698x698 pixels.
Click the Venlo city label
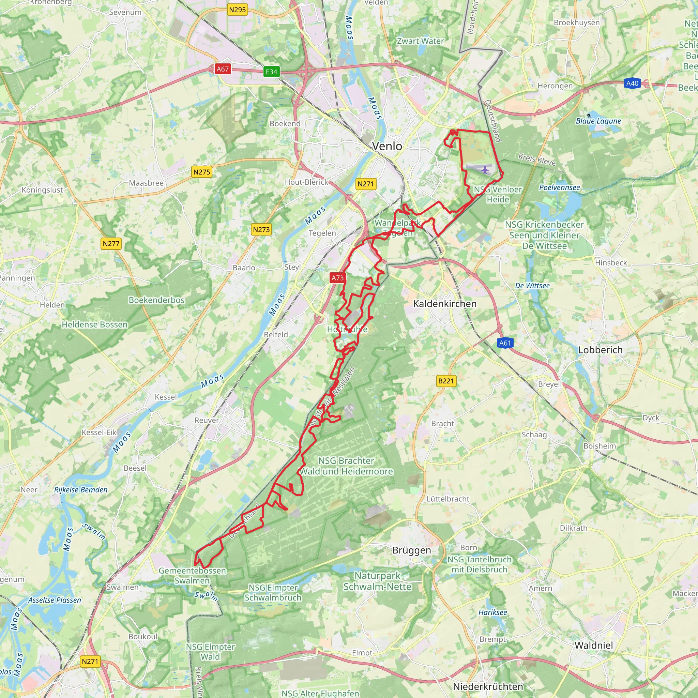click(387, 146)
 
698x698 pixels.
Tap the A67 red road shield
click(223, 69)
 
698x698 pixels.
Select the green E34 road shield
click(271, 72)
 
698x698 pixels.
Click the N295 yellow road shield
click(237, 10)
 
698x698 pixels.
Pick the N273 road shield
click(261, 229)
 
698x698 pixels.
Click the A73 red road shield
click(338, 278)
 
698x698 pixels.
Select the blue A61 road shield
click(505, 343)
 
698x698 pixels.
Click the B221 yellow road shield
click(446, 381)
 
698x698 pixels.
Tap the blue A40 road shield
click(632, 84)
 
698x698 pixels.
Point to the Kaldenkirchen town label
click(445, 304)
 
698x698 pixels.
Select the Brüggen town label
click(411, 550)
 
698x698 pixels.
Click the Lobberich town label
click(601, 350)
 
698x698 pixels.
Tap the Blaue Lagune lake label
click(598, 121)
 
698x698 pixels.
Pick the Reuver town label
click(207, 420)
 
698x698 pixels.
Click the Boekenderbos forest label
click(156, 300)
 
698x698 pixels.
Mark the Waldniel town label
click(594, 645)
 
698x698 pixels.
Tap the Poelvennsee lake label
click(559, 187)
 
